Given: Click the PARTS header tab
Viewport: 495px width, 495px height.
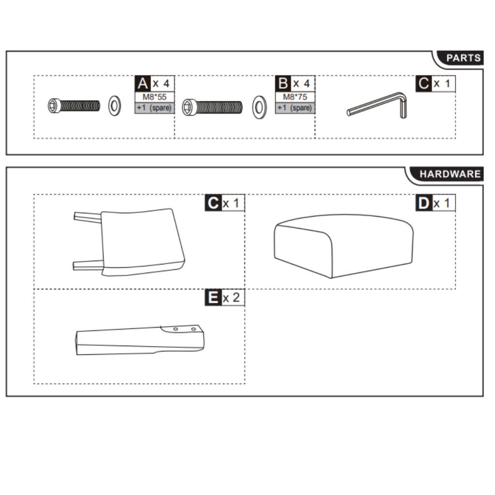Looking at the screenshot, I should [463, 58].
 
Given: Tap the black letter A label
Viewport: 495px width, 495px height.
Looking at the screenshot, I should [142, 84].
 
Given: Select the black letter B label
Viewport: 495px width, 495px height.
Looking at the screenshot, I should [283, 84].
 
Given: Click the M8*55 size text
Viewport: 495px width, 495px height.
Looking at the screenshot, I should [154, 97].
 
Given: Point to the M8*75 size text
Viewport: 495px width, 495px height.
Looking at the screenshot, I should [295, 97].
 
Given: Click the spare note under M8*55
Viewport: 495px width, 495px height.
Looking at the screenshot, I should [154, 108].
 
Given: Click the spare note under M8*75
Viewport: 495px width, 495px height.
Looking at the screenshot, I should [295, 108].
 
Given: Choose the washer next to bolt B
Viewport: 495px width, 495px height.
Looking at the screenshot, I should [259, 107].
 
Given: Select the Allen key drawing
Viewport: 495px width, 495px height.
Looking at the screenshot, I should [379, 104].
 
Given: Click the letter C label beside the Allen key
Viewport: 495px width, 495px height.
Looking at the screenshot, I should [423, 84].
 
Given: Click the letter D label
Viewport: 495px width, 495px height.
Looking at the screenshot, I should [423, 203].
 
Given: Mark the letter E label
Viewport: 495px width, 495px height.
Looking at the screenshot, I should [213, 298].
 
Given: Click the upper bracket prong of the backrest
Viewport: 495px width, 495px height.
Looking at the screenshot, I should [87, 216].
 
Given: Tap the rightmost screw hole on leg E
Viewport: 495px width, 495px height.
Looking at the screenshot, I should [193, 329].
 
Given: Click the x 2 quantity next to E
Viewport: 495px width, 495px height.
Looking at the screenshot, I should [232, 298].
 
